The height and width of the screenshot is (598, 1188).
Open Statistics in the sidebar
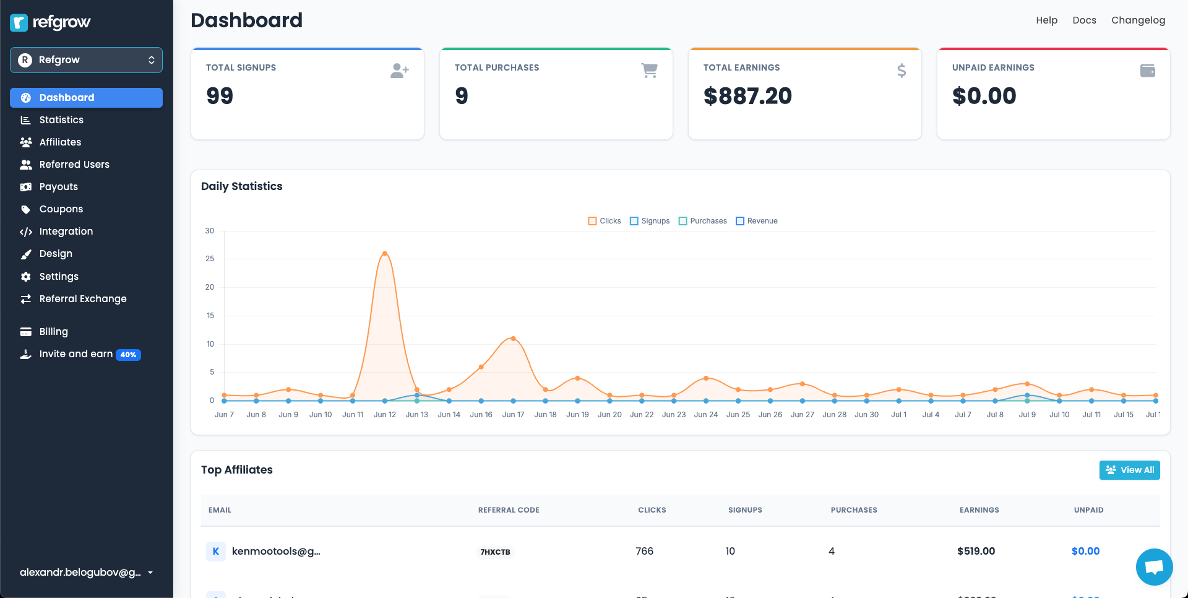(61, 120)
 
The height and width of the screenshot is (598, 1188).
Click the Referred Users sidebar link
(74, 165)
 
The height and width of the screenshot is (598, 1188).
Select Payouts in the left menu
(58, 187)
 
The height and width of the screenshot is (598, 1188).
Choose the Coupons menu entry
(61, 209)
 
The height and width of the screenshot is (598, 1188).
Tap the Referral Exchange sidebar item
(82, 299)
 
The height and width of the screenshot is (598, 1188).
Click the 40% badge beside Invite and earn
(128, 355)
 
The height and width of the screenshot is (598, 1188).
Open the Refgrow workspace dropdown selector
(86, 60)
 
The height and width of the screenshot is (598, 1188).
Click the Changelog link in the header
(1138, 20)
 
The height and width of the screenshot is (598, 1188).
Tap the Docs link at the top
(1084, 20)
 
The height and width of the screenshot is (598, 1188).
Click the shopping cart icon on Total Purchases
(649, 71)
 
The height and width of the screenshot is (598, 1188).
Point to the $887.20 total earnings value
(747, 96)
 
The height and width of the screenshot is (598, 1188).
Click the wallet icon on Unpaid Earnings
(1147, 71)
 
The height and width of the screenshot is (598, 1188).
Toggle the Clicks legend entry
(605, 221)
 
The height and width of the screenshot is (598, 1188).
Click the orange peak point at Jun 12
(385, 254)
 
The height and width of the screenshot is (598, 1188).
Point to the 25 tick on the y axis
(210, 259)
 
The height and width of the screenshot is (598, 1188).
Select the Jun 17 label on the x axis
(513, 415)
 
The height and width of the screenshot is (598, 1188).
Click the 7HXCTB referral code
(495, 552)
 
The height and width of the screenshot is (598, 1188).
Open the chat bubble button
(1154, 566)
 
